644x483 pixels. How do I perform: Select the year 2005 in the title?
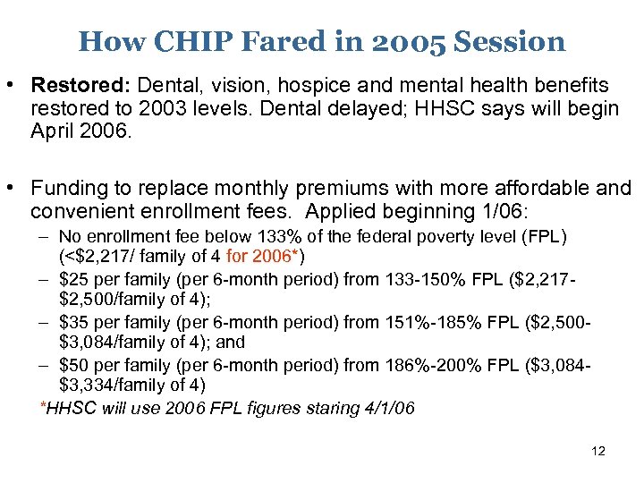point(402,41)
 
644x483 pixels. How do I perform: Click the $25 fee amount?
point(74,280)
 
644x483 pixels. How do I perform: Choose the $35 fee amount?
point(74,321)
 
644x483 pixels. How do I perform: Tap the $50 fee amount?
point(74,364)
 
